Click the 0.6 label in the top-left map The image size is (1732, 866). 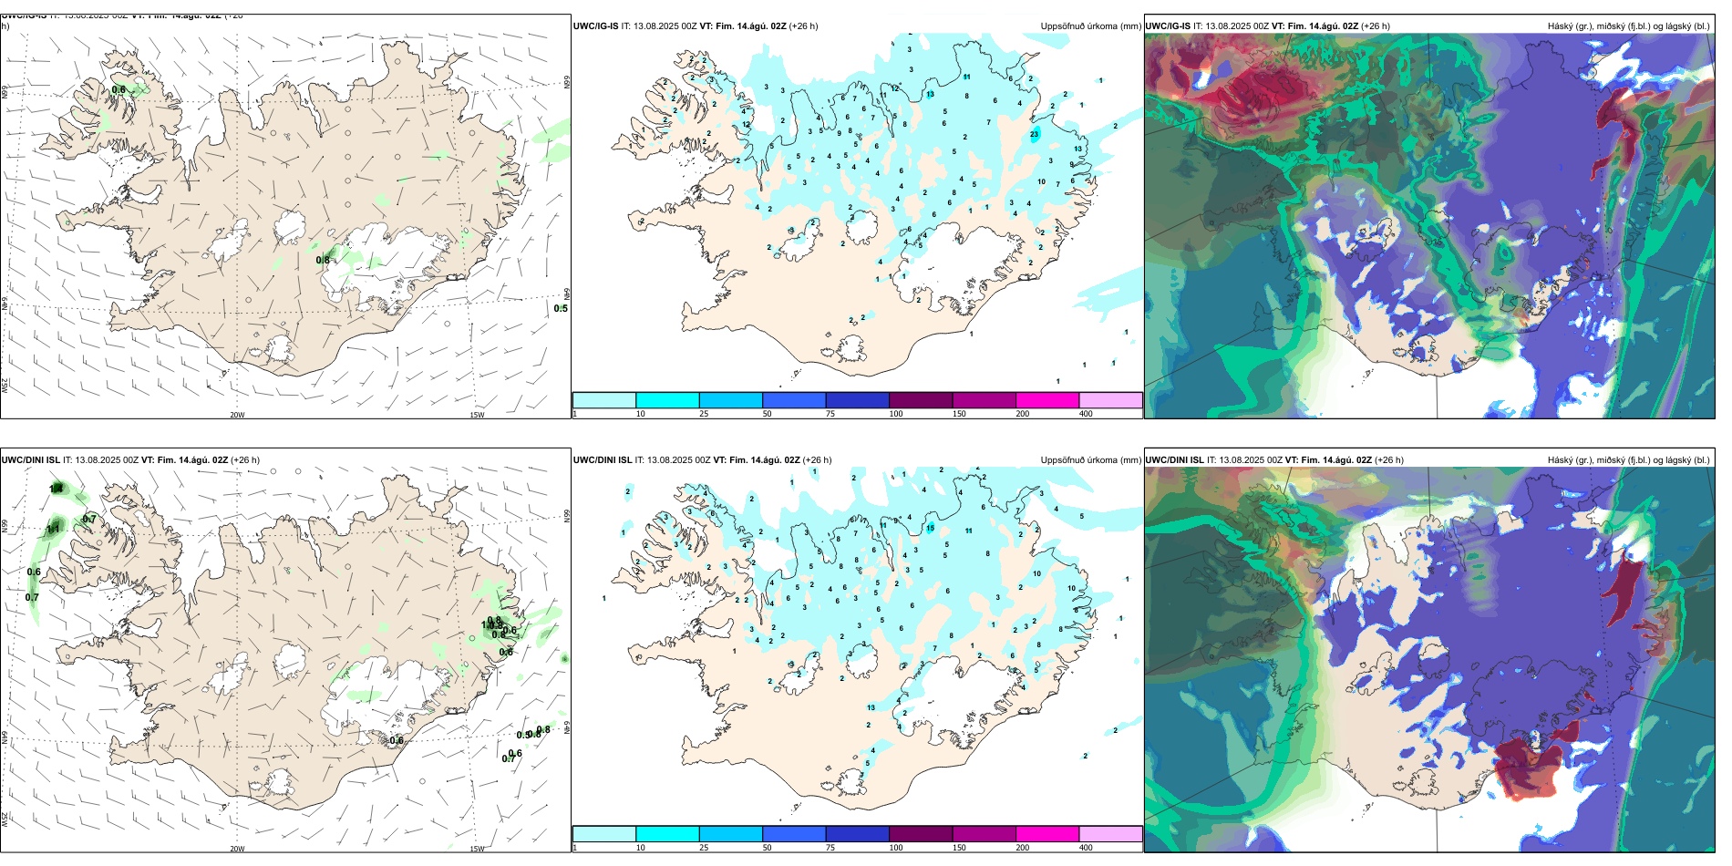point(119,89)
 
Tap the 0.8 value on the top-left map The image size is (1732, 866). point(323,260)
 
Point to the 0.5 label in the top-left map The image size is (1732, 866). point(560,308)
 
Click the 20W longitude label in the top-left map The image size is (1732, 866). point(237,415)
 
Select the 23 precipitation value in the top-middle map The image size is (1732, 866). point(1035,134)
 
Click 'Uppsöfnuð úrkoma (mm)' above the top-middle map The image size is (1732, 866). point(1090,26)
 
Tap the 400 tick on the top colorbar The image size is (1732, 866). point(1086,414)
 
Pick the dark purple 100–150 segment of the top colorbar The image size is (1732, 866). point(920,400)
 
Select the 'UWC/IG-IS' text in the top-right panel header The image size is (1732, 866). point(1168,26)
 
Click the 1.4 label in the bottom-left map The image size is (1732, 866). point(57,489)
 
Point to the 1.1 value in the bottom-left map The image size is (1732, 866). point(53,529)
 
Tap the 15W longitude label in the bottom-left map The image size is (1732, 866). point(477,849)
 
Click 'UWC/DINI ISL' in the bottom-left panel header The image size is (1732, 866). point(30,460)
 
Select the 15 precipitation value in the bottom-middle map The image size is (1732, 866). point(931,528)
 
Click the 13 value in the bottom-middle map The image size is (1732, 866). point(871,707)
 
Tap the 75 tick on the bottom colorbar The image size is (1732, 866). point(830,848)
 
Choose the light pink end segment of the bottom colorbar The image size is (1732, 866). point(1109,834)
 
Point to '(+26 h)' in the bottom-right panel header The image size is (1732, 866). point(1389,460)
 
